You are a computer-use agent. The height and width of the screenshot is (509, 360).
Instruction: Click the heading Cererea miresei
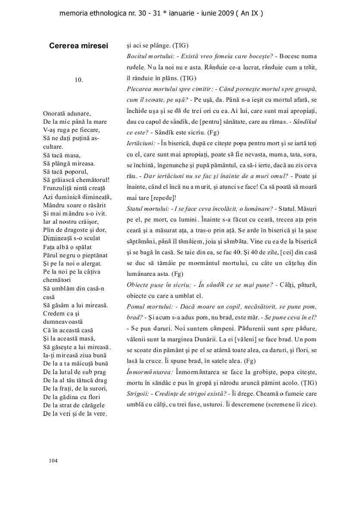(78, 46)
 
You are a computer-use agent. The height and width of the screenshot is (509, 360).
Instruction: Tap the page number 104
(53, 461)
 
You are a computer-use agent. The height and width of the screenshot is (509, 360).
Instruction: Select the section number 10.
(78, 79)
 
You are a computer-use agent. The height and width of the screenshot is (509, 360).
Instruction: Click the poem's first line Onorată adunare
(67, 114)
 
